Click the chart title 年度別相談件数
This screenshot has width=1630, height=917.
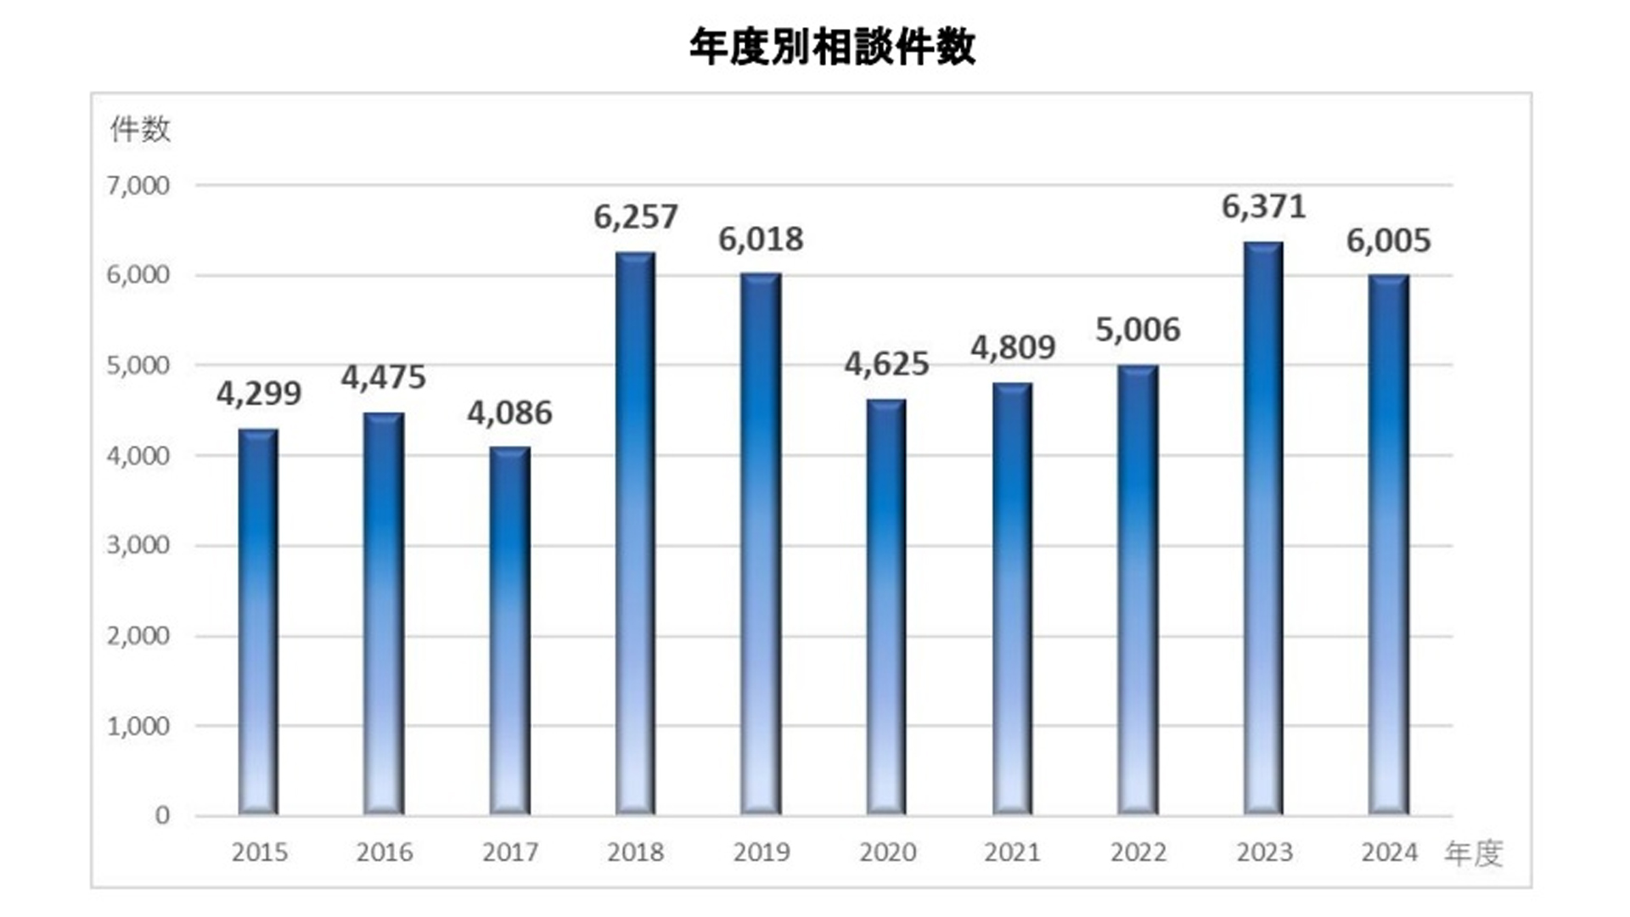click(x=832, y=48)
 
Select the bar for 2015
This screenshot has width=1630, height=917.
click(x=258, y=622)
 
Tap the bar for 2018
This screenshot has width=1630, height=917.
click(x=635, y=533)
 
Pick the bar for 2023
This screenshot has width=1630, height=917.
click(x=1263, y=528)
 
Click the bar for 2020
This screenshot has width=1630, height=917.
click(x=886, y=607)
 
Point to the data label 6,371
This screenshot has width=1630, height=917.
click(x=1263, y=207)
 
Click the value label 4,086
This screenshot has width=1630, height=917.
click(x=509, y=413)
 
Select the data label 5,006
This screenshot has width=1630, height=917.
click(x=1138, y=330)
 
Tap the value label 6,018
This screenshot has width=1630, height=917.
click(x=761, y=240)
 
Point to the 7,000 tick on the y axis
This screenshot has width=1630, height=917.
click(x=138, y=185)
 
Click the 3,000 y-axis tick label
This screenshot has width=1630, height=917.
click(x=138, y=545)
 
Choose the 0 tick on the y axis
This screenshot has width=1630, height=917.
click(x=162, y=816)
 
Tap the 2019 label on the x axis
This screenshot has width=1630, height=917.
click(x=761, y=852)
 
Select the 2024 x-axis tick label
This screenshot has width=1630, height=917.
click(x=1389, y=852)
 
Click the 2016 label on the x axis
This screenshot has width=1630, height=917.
click(x=384, y=852)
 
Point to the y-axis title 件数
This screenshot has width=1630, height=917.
click(x=140, y=130)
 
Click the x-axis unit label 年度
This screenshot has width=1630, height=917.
click(x=1474, y=853)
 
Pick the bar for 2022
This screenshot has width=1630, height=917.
click(x=1138, y=590)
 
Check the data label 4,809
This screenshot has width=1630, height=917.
click(x=1013, y=348)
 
